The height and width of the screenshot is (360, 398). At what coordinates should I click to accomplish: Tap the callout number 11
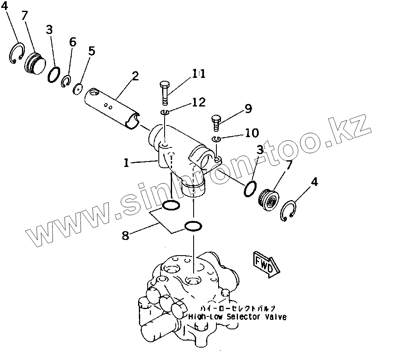pos(198,74)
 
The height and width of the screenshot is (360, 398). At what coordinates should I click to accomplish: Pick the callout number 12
pos(198,102)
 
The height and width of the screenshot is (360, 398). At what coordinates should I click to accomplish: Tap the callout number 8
pos(126,235)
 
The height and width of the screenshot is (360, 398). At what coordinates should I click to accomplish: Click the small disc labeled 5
pos(77,89)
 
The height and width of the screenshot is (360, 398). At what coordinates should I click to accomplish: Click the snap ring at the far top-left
pos(16,53)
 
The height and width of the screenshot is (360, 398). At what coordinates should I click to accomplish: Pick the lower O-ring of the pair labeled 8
pos(193,226)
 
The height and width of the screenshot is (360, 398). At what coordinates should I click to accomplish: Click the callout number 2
pos(135,77)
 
